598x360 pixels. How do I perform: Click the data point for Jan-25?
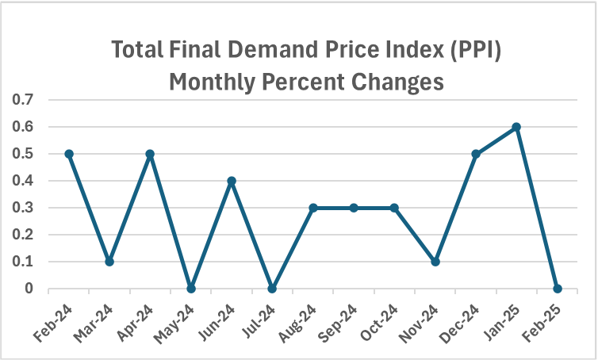tap(516, 127)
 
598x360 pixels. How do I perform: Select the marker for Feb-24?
tap(69, 154)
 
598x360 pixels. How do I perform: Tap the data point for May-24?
tap(191, 289)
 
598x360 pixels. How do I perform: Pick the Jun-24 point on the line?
tap(232, 181)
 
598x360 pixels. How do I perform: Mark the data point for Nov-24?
tap(435, 262)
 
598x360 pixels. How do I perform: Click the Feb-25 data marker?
tap(558, 289)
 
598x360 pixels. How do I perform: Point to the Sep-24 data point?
tap(354, 208)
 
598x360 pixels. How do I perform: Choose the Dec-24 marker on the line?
tap(476, 154)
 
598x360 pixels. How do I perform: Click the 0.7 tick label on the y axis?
tap(24, 100)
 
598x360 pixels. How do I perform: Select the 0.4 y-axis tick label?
tap(24, 181)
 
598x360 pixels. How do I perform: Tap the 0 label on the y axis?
tap(29, 289)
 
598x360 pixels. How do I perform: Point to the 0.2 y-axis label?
tap(24, 235)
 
